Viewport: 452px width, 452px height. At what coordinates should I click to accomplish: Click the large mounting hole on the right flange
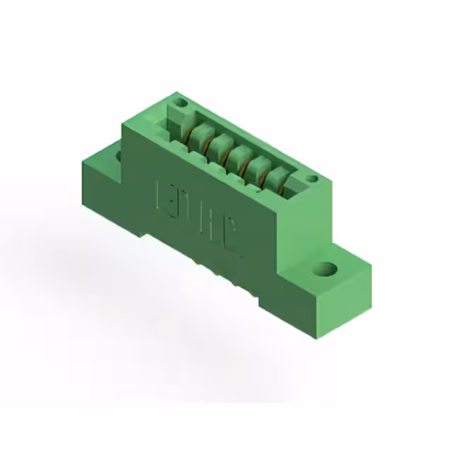[x=326, y=268]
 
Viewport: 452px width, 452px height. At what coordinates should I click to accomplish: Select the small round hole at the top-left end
[x=181, y=103]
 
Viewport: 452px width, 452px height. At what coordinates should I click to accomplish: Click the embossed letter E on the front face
[x=162, y=194]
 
